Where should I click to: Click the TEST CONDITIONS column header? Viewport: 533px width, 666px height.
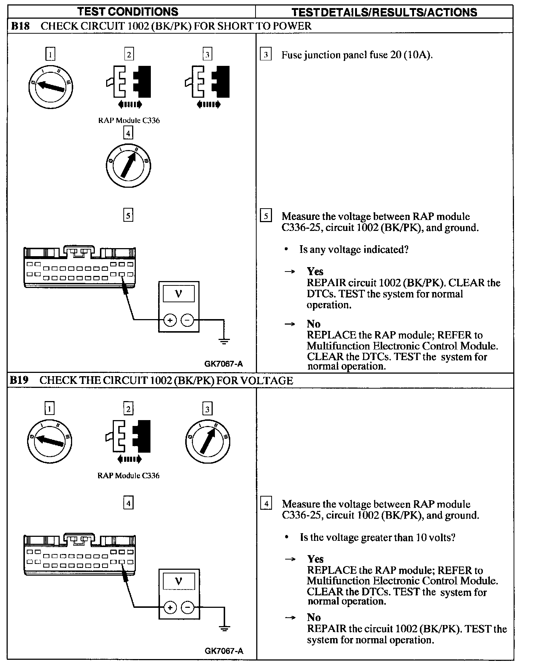tap(128, 12)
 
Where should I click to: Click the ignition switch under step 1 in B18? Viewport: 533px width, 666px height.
tap(50, 86)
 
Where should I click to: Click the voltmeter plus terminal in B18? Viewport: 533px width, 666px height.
tap(170, 321)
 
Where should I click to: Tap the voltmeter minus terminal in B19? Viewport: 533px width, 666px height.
tap(188, 608)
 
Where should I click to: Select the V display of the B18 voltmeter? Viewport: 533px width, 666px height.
tap(179, 294)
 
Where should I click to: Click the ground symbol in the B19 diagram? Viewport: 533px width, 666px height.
tap(224, 629)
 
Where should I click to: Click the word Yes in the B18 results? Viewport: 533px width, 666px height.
tap(315, 272)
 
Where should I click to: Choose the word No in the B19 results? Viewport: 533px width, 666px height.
tap(314, 618)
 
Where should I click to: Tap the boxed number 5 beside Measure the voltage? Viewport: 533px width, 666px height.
tap(266, 216)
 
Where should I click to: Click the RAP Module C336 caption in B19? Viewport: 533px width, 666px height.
tap(128, 476)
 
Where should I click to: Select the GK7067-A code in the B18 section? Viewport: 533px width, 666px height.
tap(223, 364)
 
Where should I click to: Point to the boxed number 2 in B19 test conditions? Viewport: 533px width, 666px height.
tap(128, 409)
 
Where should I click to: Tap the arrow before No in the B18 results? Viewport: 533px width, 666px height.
tap(290, 324)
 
